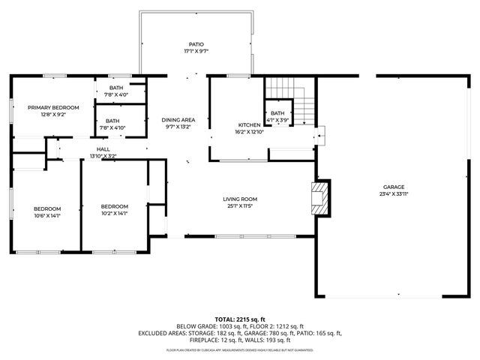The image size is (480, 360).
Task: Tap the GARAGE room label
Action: (x=394, y=187)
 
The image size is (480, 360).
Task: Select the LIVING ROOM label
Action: (x=240, y=199)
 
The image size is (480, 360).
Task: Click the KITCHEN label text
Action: (x=249, y=124)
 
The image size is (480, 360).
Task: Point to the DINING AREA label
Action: (x=178, y=120)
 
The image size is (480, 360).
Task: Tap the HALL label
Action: (x=103, y=149)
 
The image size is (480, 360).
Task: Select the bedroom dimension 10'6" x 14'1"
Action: (x=46, y=214)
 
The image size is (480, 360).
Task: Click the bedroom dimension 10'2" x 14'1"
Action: (x=115, y=214)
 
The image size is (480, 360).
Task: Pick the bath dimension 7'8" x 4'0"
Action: (x=115, y=94)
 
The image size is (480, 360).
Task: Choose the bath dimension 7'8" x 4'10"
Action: (x=112, y=127)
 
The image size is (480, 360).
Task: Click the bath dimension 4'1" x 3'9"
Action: (x=277, y=120)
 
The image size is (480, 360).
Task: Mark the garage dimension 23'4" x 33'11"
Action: (x=394, y=193)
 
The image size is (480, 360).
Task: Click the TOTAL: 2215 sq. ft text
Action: (x=240, y=319)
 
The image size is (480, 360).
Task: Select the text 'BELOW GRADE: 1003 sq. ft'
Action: (x=207, y=326)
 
